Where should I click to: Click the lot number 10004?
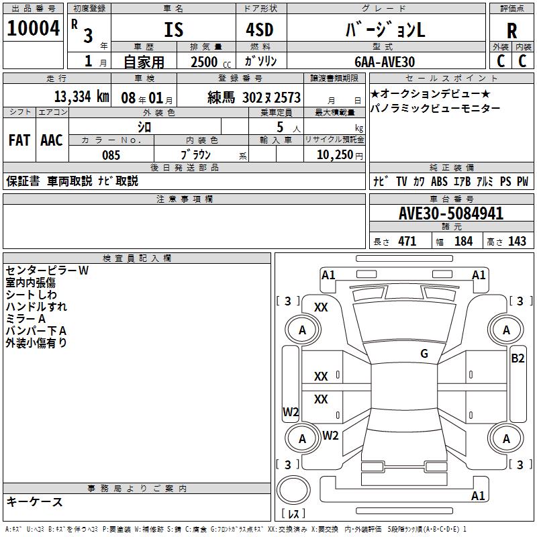pyautogui.click(x=33, y=30)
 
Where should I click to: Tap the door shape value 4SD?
pyautogui.click(x=261, y=30)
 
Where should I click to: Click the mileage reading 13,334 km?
pyautogui.click(x=81, y=97)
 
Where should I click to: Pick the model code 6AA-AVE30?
pyautogui.click(x=385, y=62)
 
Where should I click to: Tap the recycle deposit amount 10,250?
pyautogui.click(x=334, y=155)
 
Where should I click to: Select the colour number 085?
pyautogui.click(x=111, y=155)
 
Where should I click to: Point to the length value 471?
pyautogui.click(x=407, y=242)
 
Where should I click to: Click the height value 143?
pyautogui.click(x=517, y=242)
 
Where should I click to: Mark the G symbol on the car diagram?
pyautogui.click(x=424, y=354)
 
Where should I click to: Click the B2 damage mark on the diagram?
pyautogui.click(x=518, y=358)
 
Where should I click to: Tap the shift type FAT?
pyautogui.click(x=19, y=140)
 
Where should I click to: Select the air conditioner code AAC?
pyautogui.click(x=51, y=140)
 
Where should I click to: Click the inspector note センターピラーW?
pyautogui.click(x=47, y=271)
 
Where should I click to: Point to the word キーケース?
pyautogui.click(x=34, y=501)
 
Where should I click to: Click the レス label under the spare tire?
pyautogui.click(x=294, y=514)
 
